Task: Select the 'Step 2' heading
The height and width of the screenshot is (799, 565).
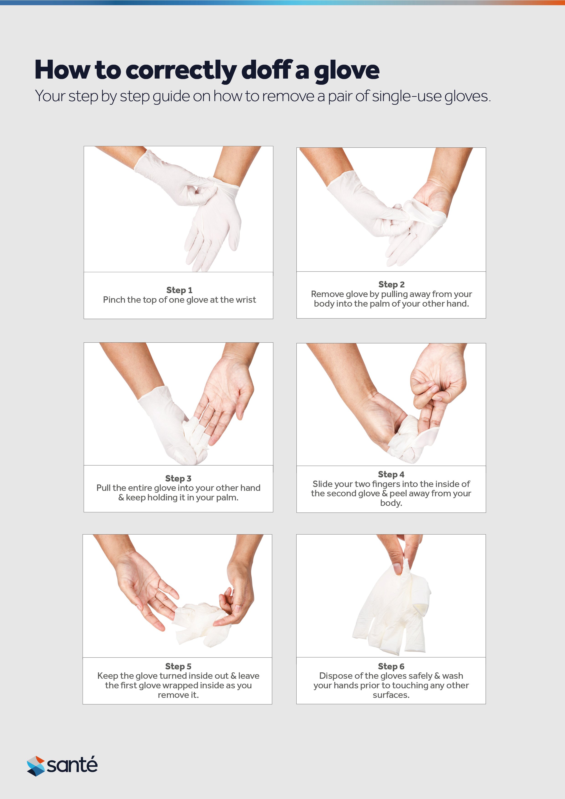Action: coord(391,284)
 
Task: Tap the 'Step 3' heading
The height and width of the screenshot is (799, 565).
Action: coord(178,478)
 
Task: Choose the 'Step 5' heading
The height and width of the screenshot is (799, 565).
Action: coord(178,666)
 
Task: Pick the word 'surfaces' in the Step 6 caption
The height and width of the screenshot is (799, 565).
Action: coord(390,695)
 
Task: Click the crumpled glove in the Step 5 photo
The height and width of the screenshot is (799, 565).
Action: coord(200,623)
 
